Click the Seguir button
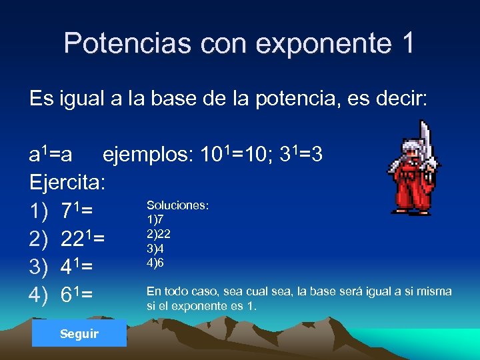click(79, 333)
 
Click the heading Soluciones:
click(177, 205)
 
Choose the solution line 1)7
click(155, 219)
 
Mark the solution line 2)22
click(158, 233)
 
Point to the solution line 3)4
click(155, 248)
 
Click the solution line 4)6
click(155, 263)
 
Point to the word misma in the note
click(435, 291)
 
